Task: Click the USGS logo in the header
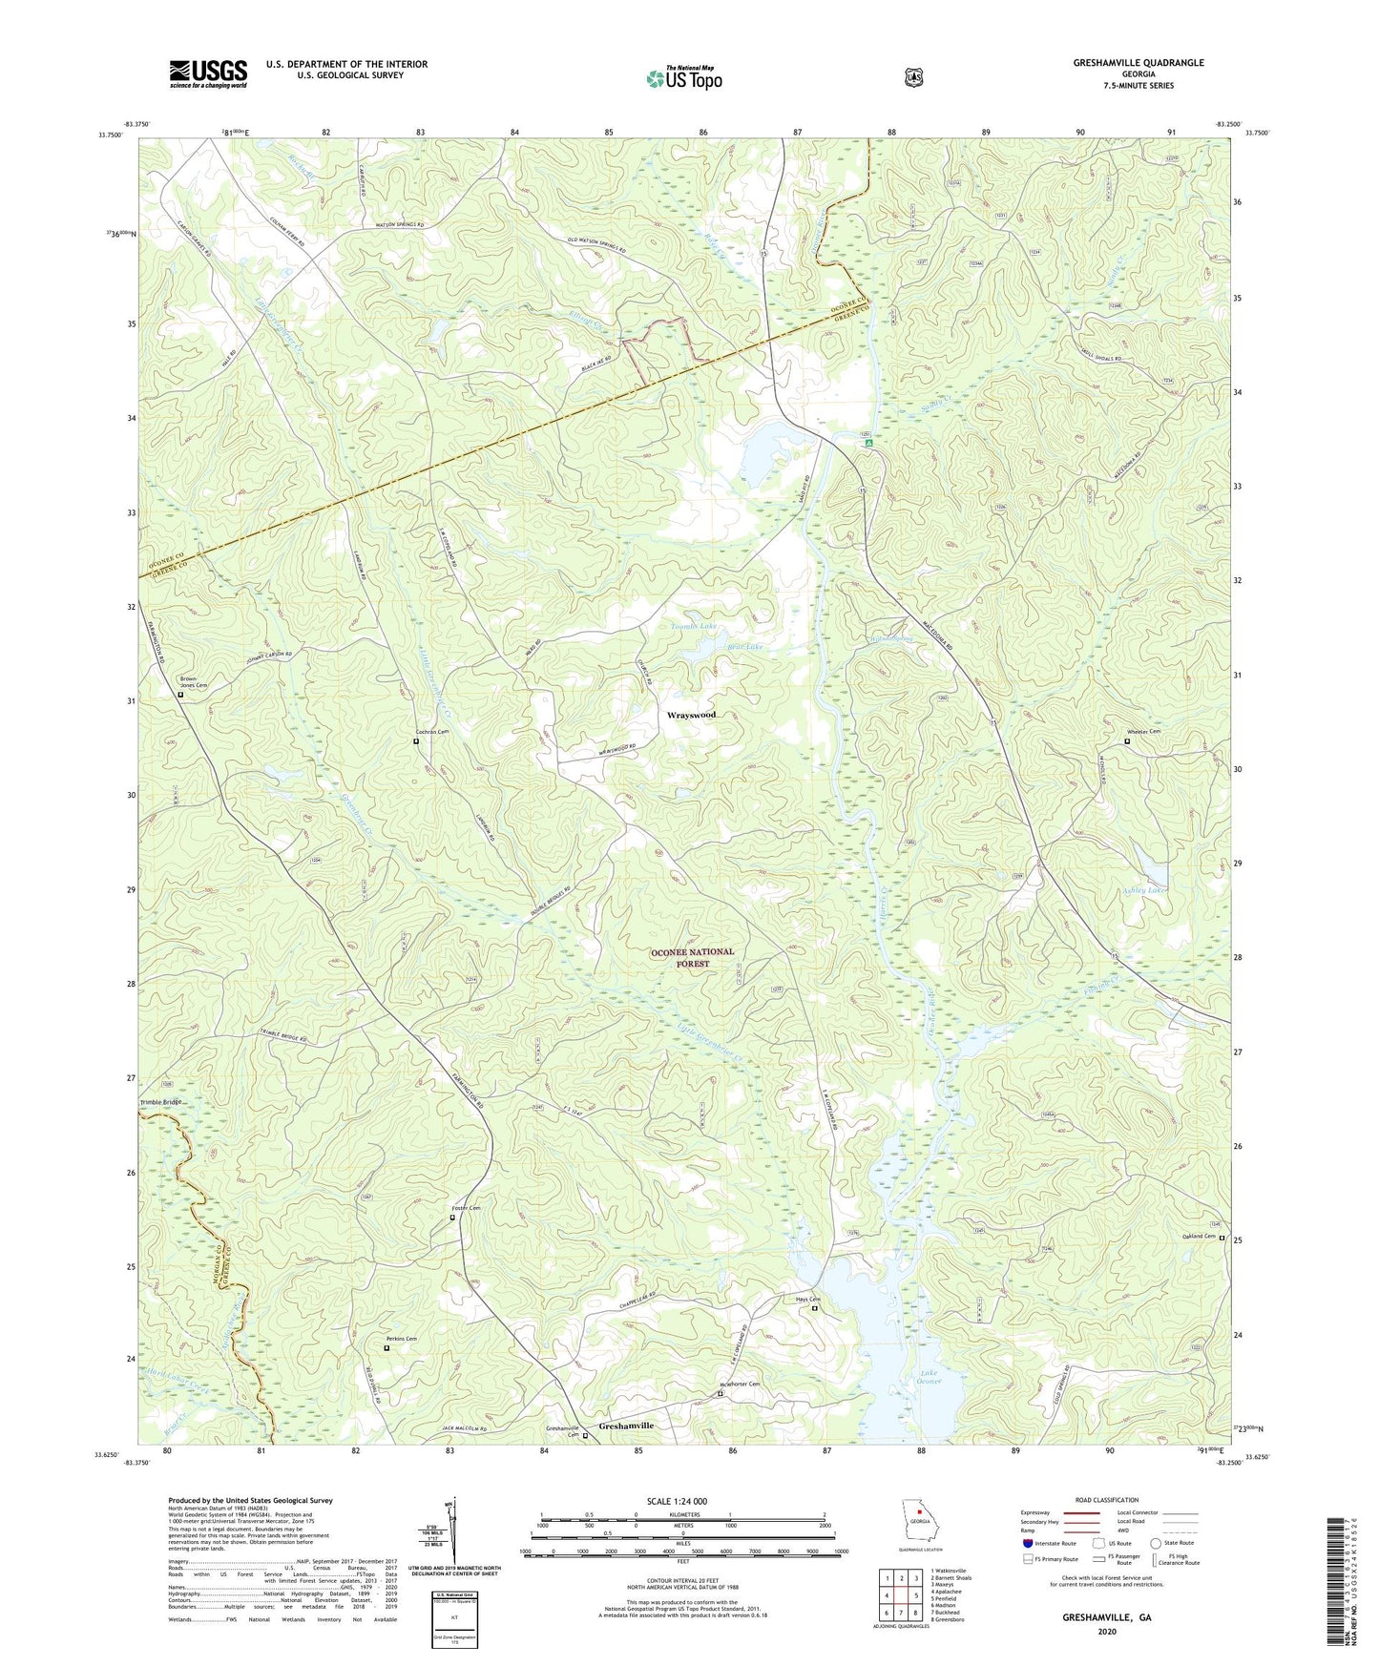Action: (x=208, y=73)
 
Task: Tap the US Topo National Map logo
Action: (x=683, y=78)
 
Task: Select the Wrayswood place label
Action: (x=691, y=715)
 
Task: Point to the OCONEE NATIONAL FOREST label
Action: (x=692, y=958)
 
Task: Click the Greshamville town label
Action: (x=626, y=1426)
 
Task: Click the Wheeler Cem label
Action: (x=1143, y=732)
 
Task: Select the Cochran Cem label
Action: (x=430, y=732)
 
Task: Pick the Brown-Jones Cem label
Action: (x=193, y=682)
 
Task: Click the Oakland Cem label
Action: (x=1199, y=1237)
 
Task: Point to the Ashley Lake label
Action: (x=1144, y=890)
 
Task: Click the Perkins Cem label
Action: (x=400, y=1339)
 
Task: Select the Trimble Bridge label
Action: (x=159, y=1102)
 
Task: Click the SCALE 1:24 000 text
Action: (x=677, y=1501)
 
